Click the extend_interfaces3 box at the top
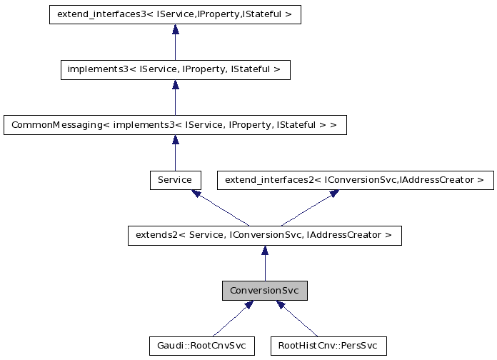pos(175,14)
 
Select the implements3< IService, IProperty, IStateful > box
pos(175,69)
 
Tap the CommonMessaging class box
pos(175,124)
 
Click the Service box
pos(175,180)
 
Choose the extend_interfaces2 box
pos(355,180)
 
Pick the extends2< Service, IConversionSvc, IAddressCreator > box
pos(264,235)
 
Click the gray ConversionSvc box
pos(264,291)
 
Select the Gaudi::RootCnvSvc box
pos(201,346)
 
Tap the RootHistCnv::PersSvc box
pos(328,346)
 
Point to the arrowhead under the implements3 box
pos(175,84)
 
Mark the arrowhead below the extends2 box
pos(264,250)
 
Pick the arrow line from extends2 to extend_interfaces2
pos(307,209)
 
